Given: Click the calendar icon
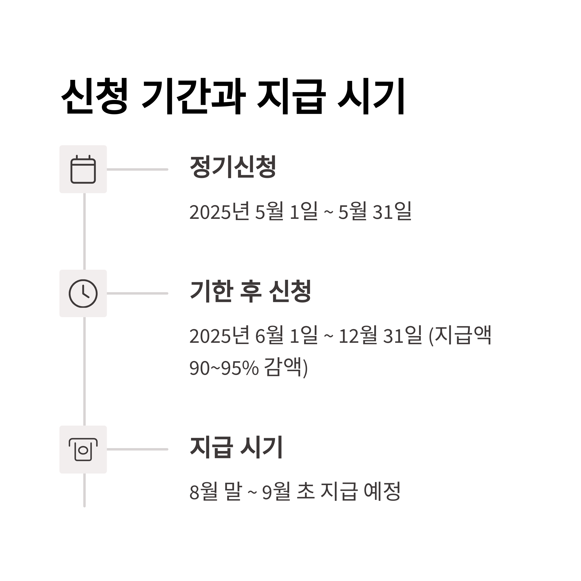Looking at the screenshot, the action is point(83,169).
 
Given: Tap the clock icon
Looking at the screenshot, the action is point(83,293).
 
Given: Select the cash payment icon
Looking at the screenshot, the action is point(83,450).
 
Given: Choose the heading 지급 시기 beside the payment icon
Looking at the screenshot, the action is point(236,447).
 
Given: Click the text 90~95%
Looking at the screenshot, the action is point(224,367).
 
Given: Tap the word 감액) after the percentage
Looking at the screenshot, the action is point(286,367).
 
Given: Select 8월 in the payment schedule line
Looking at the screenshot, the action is point(203,491).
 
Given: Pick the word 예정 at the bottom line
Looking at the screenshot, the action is point(382,491).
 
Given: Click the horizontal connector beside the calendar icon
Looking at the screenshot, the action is point(138,169).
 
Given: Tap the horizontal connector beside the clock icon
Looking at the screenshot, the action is point(138,293).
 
